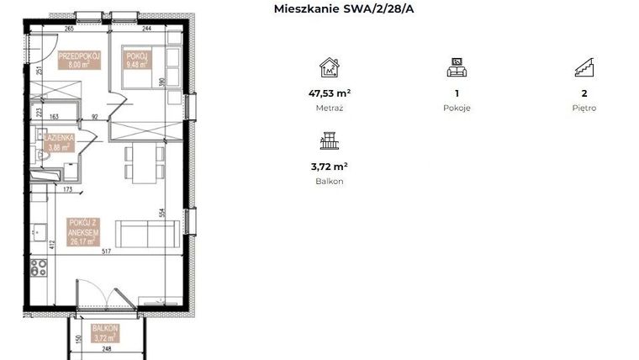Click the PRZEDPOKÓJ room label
click(79, 58)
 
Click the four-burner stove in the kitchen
click(39, 268)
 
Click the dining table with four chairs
click(140, 162)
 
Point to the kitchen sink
click(39, 230)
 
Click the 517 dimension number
click(107, 251)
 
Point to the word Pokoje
click(457, 109)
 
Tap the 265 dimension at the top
click(70, 29)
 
